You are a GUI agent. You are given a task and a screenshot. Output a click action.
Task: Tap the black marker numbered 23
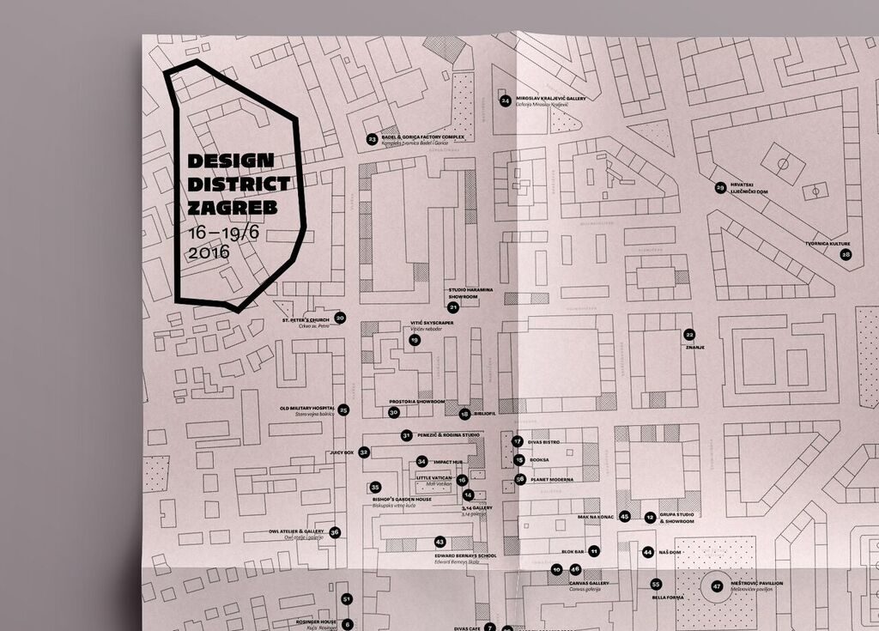(372, 138)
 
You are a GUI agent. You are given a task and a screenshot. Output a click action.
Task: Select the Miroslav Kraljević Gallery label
(550, 99)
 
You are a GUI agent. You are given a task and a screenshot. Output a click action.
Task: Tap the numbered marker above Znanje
(689, 334)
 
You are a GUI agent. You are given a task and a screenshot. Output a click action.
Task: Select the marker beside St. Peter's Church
(340, 318)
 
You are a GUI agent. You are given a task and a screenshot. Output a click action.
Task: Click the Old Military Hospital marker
(343, 410)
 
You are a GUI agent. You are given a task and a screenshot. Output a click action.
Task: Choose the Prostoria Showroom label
(416, 401)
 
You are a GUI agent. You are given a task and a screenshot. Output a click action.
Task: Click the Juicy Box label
(342, 452)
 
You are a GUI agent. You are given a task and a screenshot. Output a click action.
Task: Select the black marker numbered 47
(717, 586)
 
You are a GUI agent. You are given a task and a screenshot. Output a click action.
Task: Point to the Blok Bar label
(573, 550)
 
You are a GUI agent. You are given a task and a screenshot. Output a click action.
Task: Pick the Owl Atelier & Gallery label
(296, 531)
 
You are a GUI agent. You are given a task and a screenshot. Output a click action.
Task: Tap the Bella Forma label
(668, 597)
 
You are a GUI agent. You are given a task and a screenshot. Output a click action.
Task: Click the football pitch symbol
(783, 163)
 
